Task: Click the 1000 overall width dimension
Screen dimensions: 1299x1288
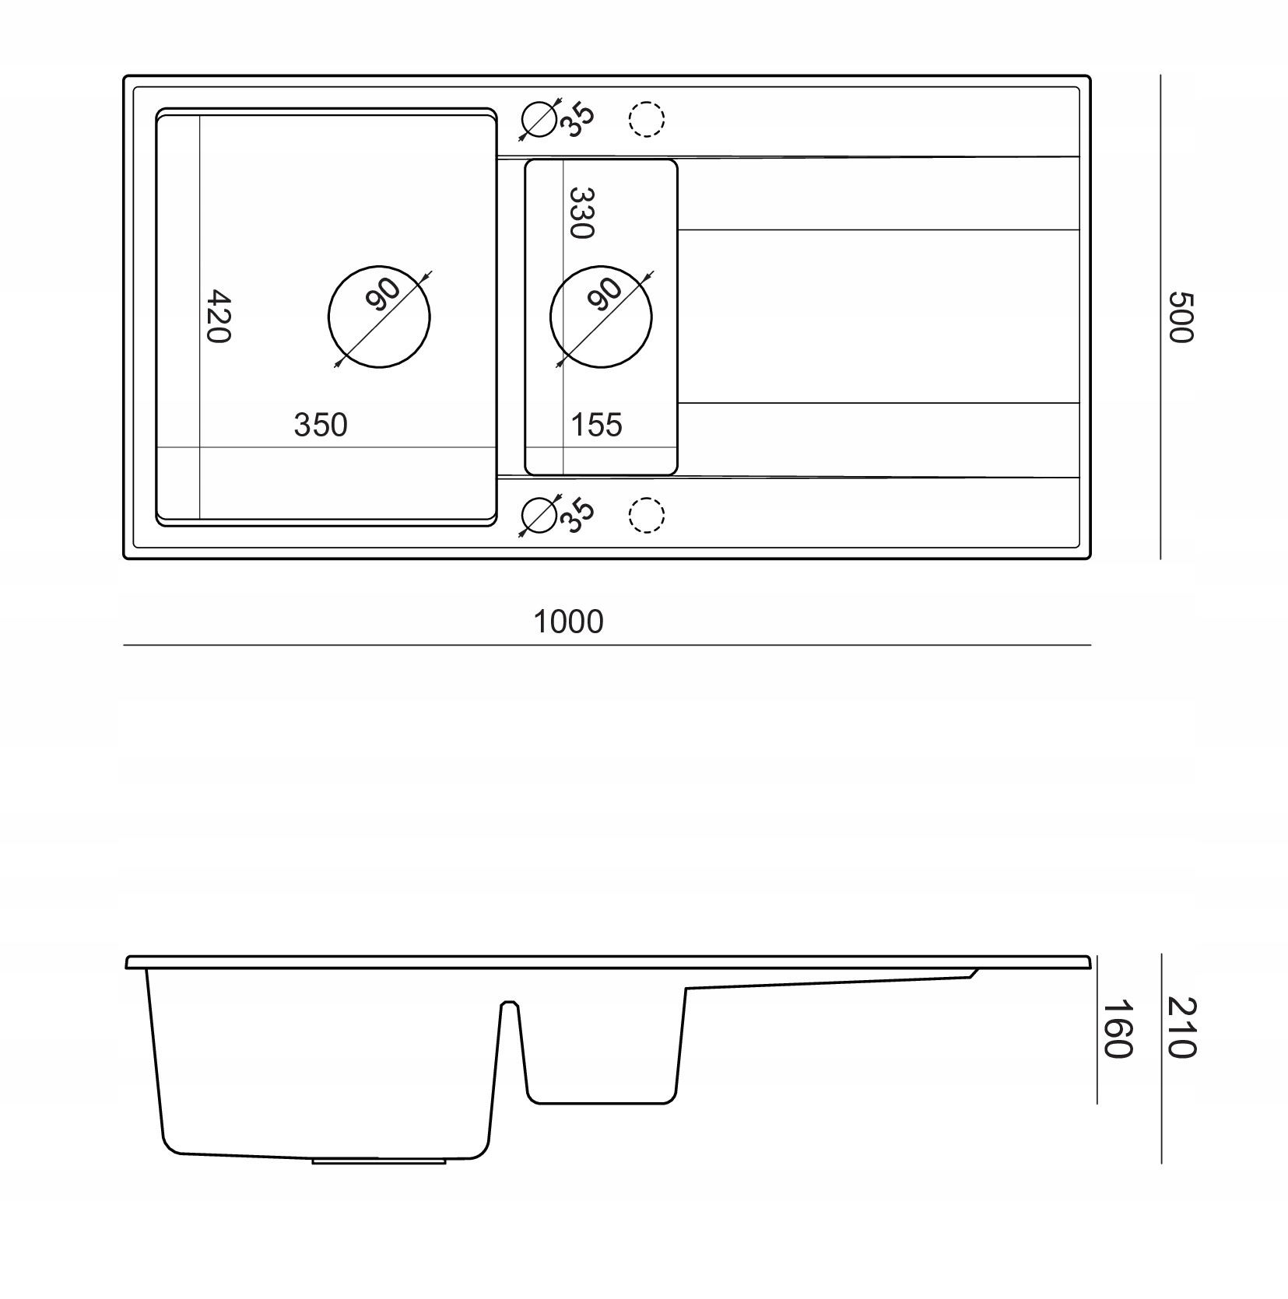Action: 568,622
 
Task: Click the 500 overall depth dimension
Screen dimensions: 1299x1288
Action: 1180,317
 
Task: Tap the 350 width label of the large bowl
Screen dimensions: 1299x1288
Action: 321,425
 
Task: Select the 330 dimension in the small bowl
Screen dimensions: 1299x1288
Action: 581,212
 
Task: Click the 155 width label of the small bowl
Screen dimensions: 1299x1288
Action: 597,425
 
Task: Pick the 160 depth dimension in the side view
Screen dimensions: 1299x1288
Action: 1117,1028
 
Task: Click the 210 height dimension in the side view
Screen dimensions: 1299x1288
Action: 1181,1028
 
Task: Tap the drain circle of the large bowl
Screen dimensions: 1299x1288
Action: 379,317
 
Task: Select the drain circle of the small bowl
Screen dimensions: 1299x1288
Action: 601,317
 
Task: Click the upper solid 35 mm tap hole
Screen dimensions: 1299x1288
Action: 540,120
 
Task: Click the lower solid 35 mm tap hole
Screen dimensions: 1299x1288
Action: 540,515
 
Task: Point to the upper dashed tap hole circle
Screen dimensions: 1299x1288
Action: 646,120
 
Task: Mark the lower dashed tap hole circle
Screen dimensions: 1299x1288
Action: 646,515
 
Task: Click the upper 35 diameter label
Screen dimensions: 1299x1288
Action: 578,120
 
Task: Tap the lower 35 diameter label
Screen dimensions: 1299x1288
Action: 578,515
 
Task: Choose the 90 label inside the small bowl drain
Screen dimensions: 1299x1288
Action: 605,295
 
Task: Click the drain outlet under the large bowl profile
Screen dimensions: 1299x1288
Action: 378,1161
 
